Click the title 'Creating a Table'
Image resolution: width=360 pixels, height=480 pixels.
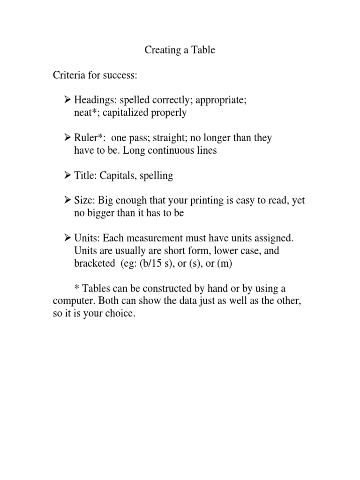pos(180,50)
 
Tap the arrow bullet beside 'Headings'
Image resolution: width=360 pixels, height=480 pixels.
pos(67,100)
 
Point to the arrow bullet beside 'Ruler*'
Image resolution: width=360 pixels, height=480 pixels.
pos(67,138)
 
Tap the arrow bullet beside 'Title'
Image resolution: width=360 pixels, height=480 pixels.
pos(67,176)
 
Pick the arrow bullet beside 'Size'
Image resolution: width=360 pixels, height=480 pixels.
pos(67,201)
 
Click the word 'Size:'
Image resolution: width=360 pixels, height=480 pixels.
pos(85,201)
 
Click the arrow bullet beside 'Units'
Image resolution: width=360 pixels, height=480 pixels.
pos(67,239)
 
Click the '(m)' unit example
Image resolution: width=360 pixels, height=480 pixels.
pos(225,264)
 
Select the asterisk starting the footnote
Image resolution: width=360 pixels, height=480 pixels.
pos(77,288)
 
